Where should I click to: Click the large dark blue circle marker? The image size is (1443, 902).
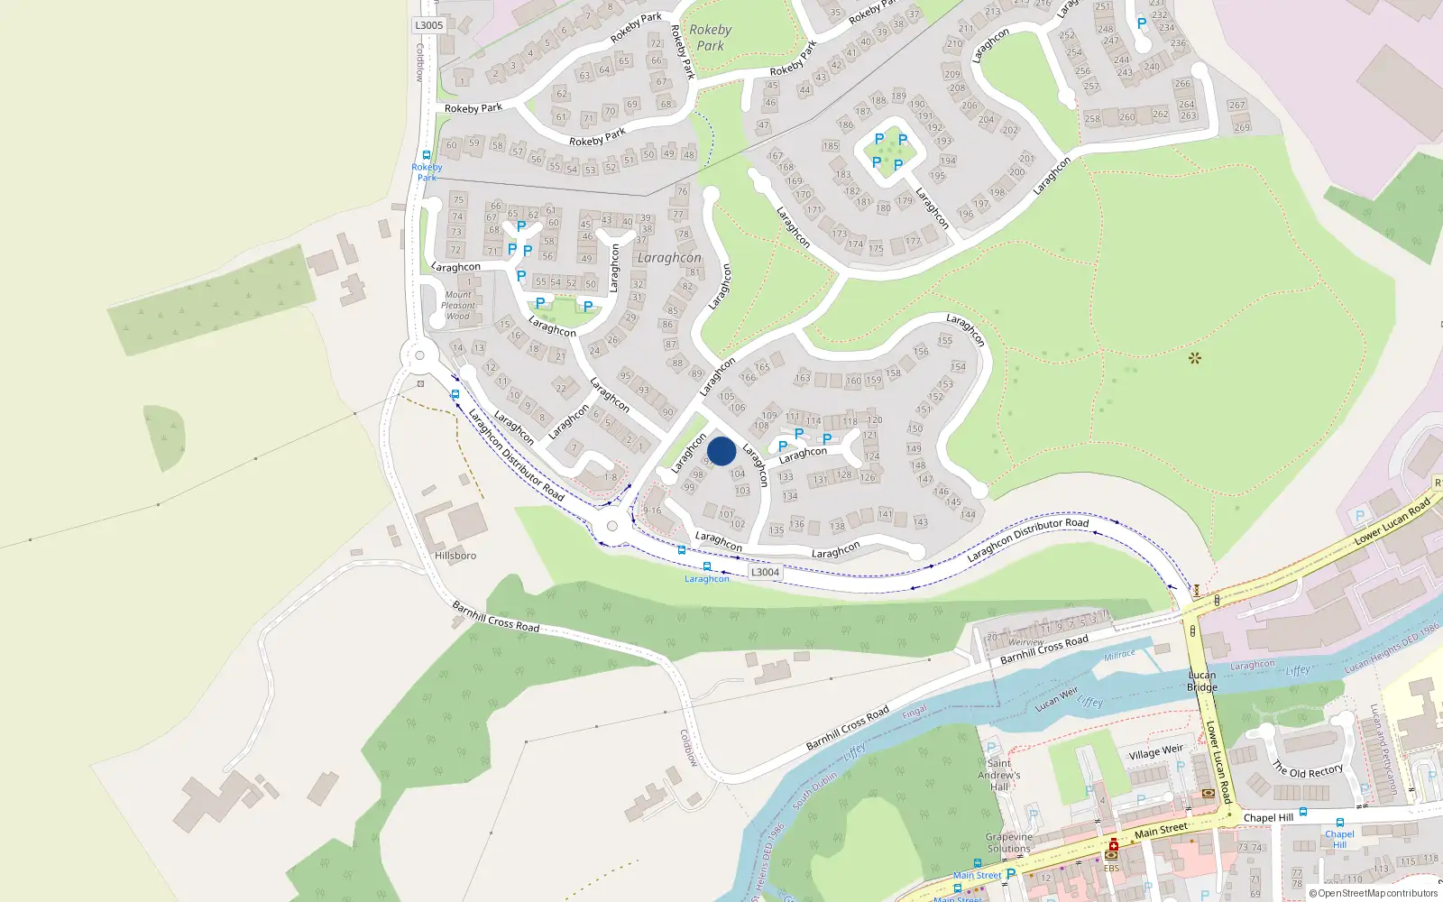(721, 451)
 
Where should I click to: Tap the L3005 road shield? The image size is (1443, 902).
(429, 25)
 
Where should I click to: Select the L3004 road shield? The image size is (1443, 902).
(765, 572)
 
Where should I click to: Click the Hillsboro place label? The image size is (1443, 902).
(455, 556)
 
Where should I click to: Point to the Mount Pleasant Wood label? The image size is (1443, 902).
(458, 306)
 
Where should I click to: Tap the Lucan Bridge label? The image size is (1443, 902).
(1202, 681)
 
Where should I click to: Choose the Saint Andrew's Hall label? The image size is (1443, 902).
(999, 775)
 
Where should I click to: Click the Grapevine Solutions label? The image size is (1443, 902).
(1008, 842)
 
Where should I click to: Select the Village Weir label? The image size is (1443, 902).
(1155, 751)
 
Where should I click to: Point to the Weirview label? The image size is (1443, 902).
(1025, 642)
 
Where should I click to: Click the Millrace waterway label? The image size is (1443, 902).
(1119, 655)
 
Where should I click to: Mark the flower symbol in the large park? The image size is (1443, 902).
(1195, 358)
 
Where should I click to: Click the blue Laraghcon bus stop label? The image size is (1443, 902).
(706, 579)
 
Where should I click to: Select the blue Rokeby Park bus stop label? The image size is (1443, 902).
(427, 172)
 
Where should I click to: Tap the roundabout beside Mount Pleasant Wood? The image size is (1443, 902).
(419, 356)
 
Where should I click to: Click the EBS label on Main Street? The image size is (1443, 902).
(1111, 869)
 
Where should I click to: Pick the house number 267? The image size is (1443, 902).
(1236, 105)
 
